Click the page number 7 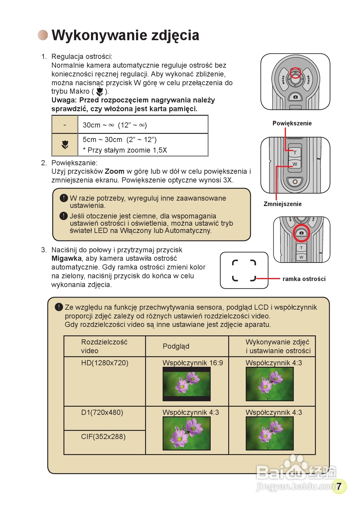339,486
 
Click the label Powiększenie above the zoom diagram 292,123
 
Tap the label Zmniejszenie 282,204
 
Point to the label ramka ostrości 304,279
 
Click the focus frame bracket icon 244,270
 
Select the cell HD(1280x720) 105,363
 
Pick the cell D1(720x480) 102,412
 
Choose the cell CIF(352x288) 103,437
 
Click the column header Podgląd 176,346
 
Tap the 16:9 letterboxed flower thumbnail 186,384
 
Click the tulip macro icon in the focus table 65,145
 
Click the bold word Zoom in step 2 115,172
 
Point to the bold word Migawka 66,259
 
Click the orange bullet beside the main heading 43,35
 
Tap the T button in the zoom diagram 295,153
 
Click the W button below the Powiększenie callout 295,164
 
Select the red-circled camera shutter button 301,233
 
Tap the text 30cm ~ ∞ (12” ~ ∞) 115,125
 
